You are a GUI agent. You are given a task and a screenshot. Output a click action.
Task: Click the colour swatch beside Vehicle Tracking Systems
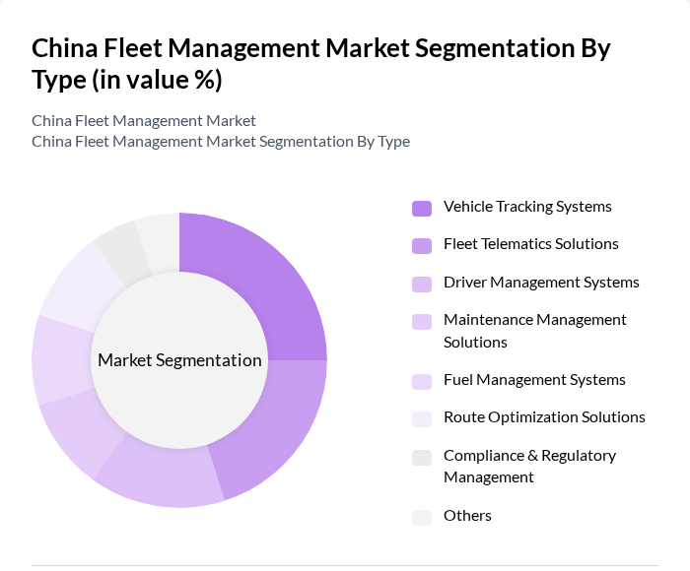422,208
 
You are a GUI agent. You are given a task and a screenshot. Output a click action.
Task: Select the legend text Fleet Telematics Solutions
530,244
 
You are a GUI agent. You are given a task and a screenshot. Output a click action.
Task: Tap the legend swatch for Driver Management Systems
422,284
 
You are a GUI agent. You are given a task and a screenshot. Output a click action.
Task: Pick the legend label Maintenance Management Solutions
534,331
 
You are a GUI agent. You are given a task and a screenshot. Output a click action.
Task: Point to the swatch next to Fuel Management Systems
422,381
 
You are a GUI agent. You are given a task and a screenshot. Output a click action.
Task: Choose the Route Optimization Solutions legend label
544,417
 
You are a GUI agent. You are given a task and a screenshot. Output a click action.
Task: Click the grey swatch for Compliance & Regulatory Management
422,457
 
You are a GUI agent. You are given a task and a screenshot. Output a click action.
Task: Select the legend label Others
467,516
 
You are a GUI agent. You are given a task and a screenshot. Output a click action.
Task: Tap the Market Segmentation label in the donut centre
179,360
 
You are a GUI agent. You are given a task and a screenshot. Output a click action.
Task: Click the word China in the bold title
64,48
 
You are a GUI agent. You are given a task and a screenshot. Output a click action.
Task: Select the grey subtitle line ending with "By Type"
221,142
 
